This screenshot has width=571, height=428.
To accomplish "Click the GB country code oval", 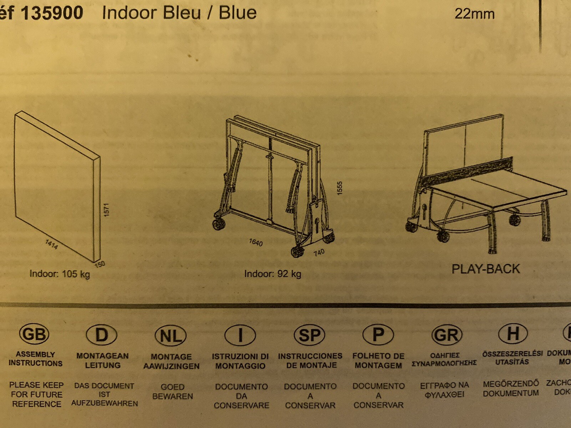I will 34,334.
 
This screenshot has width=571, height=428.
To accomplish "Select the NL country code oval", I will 171,336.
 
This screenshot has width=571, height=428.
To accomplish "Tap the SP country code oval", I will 309,335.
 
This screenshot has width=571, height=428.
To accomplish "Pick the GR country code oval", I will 446,335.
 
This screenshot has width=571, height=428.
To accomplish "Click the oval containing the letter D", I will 102,335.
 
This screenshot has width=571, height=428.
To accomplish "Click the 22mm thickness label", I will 474,14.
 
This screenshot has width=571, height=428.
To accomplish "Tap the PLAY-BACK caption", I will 486,269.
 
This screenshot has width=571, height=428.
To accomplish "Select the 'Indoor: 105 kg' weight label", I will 60,274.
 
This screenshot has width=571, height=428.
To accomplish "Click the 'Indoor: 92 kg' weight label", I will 273,274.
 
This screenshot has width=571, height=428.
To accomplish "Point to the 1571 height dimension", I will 106,210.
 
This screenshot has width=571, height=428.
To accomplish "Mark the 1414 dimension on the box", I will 52,244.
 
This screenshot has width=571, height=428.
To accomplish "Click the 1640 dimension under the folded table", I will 256,243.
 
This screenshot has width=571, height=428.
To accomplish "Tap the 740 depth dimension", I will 319,253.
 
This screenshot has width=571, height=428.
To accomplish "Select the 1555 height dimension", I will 340,188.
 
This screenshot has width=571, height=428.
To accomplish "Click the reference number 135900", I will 52,13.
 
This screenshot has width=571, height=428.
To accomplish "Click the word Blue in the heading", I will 238,13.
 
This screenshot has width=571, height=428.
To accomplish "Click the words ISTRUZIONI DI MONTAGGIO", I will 240,361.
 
